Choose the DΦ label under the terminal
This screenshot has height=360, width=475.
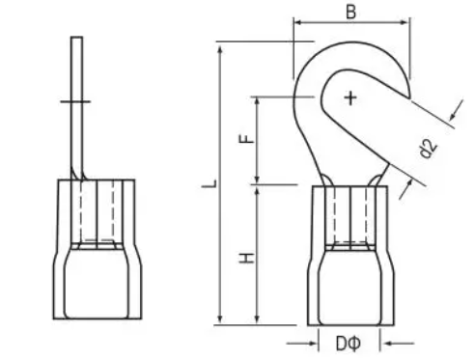[x=349, y=342]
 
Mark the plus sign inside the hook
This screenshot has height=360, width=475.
[x=349, y=97]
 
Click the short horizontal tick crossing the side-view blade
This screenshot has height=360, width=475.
[x=74, y=100]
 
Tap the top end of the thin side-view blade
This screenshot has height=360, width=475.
[x=74, y=39]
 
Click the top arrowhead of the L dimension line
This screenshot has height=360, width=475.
[x=221, y=44]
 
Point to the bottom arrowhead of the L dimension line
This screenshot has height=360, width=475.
[x=221, y=320]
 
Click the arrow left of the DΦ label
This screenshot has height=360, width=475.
[x=311, y=342]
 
